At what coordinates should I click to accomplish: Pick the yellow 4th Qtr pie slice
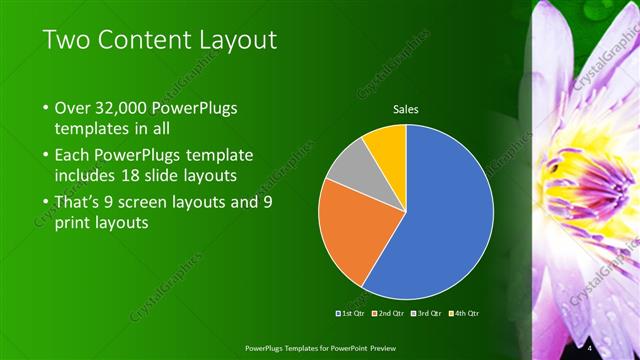coord(385,144)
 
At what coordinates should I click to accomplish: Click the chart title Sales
coord(405,109)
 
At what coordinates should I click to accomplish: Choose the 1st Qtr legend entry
coord(349,314)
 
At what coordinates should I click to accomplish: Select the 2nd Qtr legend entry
coord(388,314)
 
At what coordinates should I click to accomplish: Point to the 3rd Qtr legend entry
coord(427,314)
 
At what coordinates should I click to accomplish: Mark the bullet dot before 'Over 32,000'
coord(47,108)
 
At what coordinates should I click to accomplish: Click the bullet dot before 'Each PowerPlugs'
coord(47,156)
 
